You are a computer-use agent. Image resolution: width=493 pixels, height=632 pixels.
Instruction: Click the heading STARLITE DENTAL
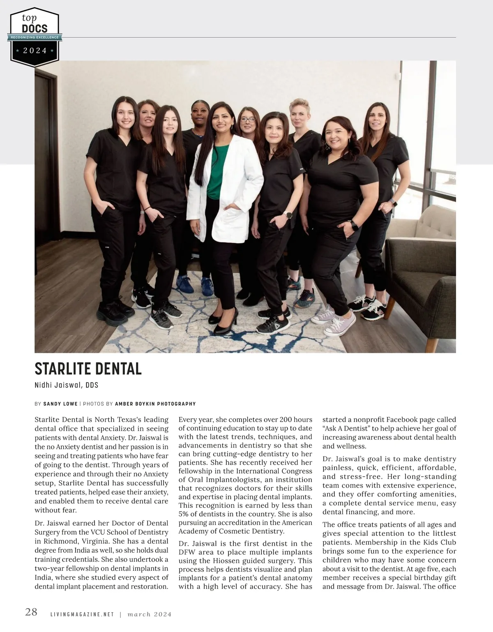88,369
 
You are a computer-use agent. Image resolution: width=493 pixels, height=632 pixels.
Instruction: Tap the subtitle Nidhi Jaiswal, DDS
66,385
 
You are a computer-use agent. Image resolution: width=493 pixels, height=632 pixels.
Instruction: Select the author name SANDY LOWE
60,404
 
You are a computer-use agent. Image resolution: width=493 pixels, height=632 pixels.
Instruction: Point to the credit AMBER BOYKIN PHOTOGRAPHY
155,404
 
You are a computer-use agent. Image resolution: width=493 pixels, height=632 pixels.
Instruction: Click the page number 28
31,612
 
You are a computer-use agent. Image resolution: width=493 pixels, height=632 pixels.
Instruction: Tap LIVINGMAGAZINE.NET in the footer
81,615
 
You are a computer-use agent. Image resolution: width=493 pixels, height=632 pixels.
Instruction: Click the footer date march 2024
149,615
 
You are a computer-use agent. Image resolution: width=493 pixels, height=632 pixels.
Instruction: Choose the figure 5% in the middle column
185,514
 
